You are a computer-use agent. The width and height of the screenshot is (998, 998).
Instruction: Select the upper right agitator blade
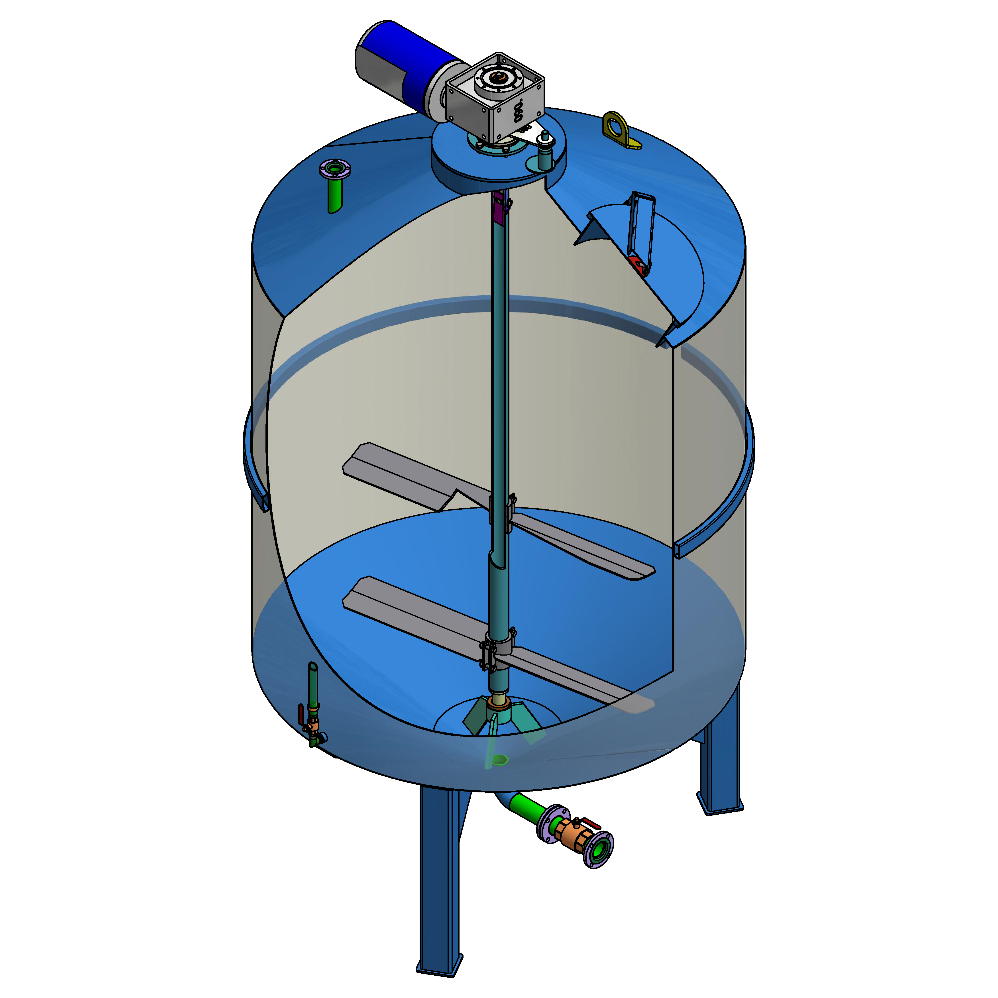point(584,548)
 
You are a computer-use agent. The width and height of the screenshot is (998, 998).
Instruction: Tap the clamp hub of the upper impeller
point(500,509)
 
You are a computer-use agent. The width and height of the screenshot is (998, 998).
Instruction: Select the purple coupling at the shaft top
point(499,207)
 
